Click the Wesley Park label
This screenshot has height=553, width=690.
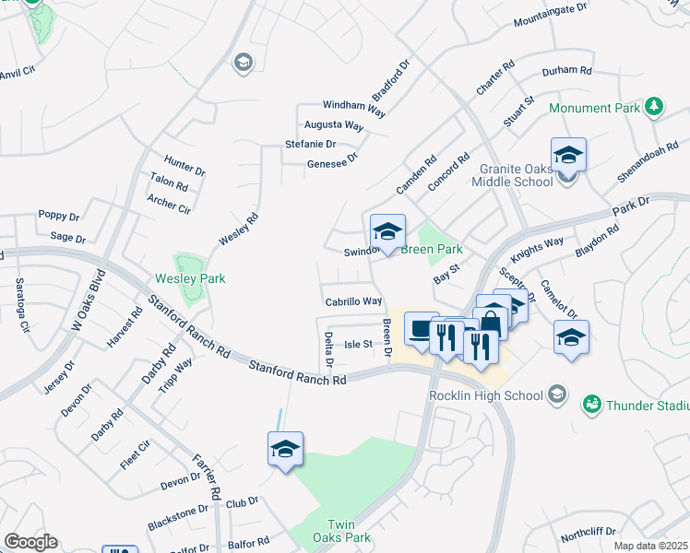(x=191, y=278)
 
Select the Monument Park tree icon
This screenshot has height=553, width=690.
(x=654, y=107)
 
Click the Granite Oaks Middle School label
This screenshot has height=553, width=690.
(x=516, y=175)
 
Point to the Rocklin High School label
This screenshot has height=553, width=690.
(x=485, y=396)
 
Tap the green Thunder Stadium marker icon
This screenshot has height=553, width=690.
(x=591, y=404)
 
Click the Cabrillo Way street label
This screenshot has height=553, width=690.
(x=353, y=301)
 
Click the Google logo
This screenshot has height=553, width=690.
(x=30, y=542)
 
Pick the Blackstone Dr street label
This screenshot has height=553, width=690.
(x=178, y=518)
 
